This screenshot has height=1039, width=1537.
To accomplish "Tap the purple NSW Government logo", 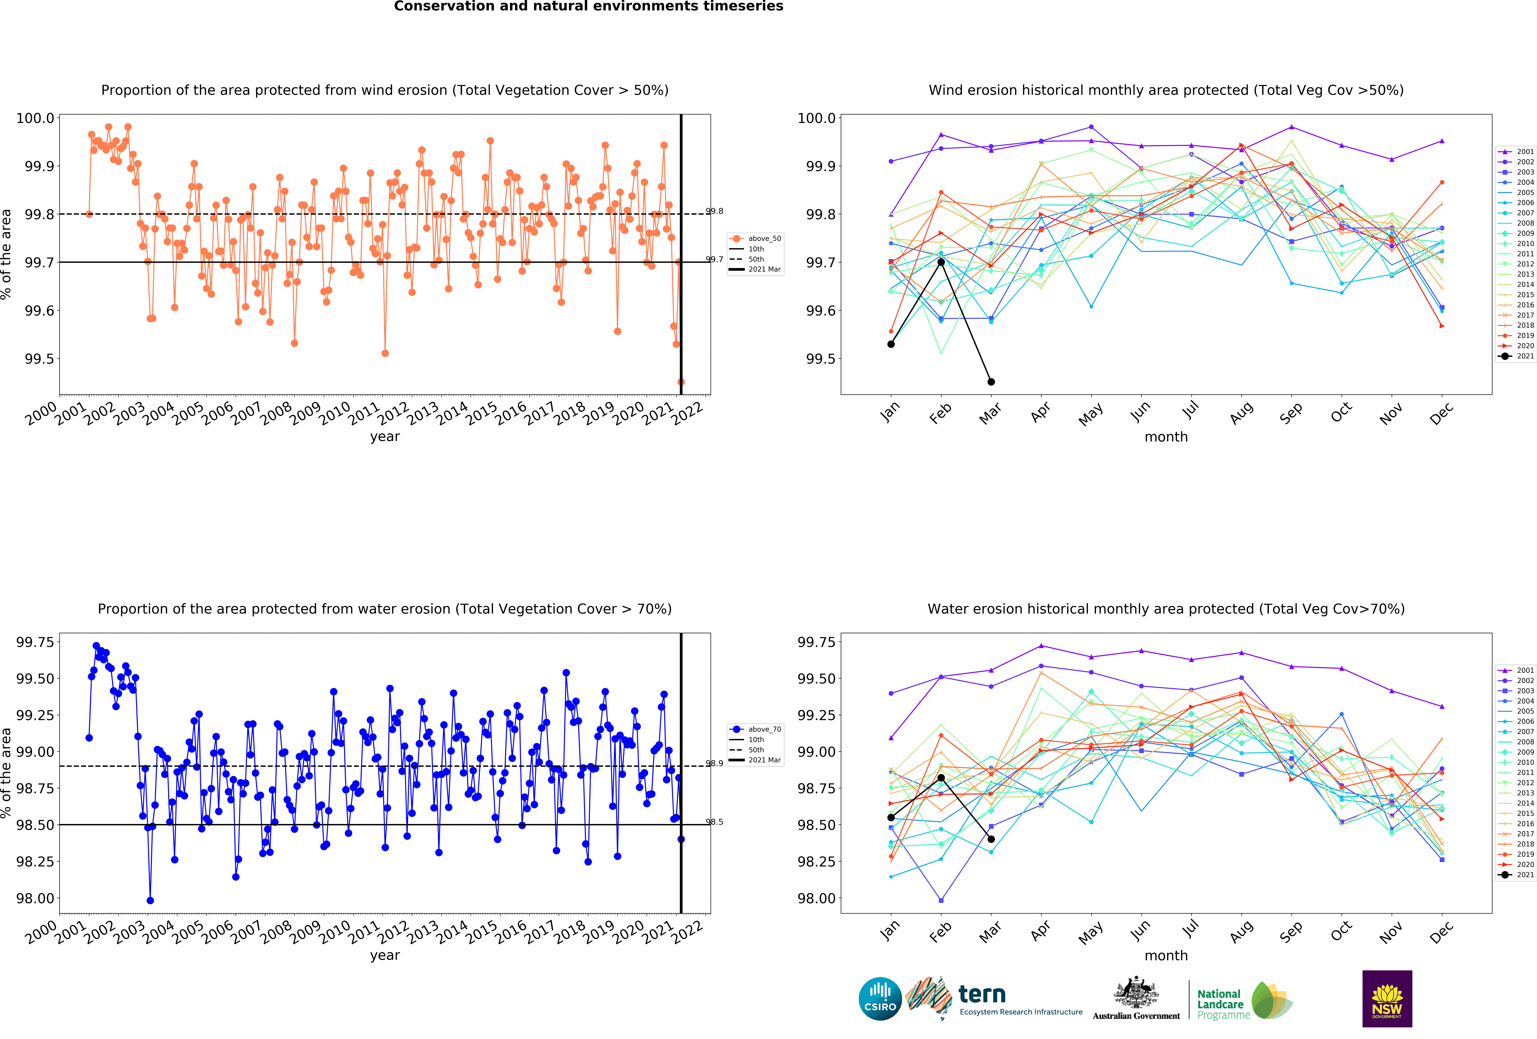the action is [x=1387, y=999].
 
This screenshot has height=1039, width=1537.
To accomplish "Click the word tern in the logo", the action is [x=982, y=994].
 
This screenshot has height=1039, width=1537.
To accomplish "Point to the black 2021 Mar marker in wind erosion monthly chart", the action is [x=991, y=382].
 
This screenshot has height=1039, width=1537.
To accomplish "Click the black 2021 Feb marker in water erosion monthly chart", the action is [x=940, y=778].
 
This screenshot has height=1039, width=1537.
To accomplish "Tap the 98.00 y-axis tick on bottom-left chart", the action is [x=35, y=898].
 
